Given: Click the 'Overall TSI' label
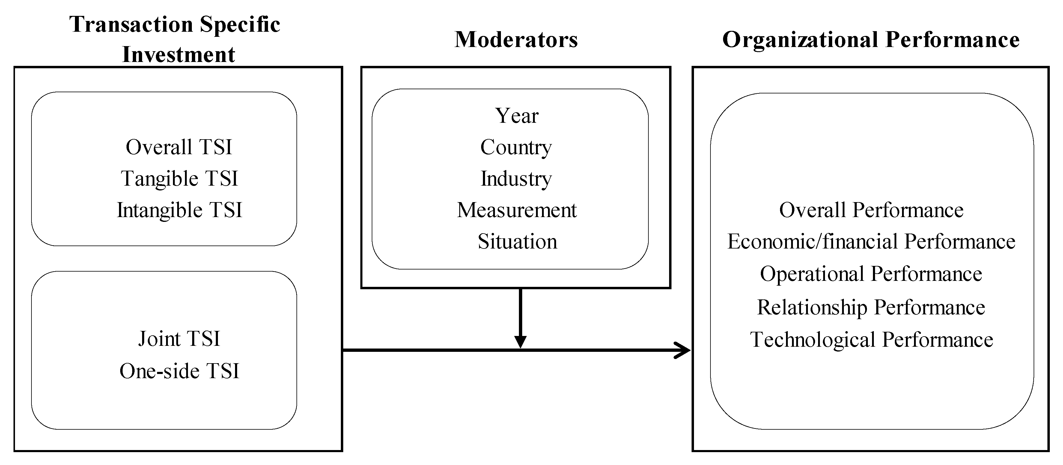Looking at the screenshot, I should (179, 147).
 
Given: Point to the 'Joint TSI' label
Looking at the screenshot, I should (179, 339).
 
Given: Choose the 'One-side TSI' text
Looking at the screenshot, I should (179, 371).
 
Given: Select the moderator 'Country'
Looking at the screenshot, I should (516, 147).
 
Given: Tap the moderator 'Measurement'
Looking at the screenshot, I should (517, 210).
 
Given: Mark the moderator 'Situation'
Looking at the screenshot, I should (517, 242).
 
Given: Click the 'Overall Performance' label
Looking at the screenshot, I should (871, 210).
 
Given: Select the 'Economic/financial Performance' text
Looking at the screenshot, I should (871, 242).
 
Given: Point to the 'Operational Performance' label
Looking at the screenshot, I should (871, 274).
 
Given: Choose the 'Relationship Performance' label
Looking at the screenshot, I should (871, 307).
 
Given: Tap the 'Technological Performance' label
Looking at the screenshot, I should (871, 340).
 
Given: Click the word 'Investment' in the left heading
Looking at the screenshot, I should (179, 54).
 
